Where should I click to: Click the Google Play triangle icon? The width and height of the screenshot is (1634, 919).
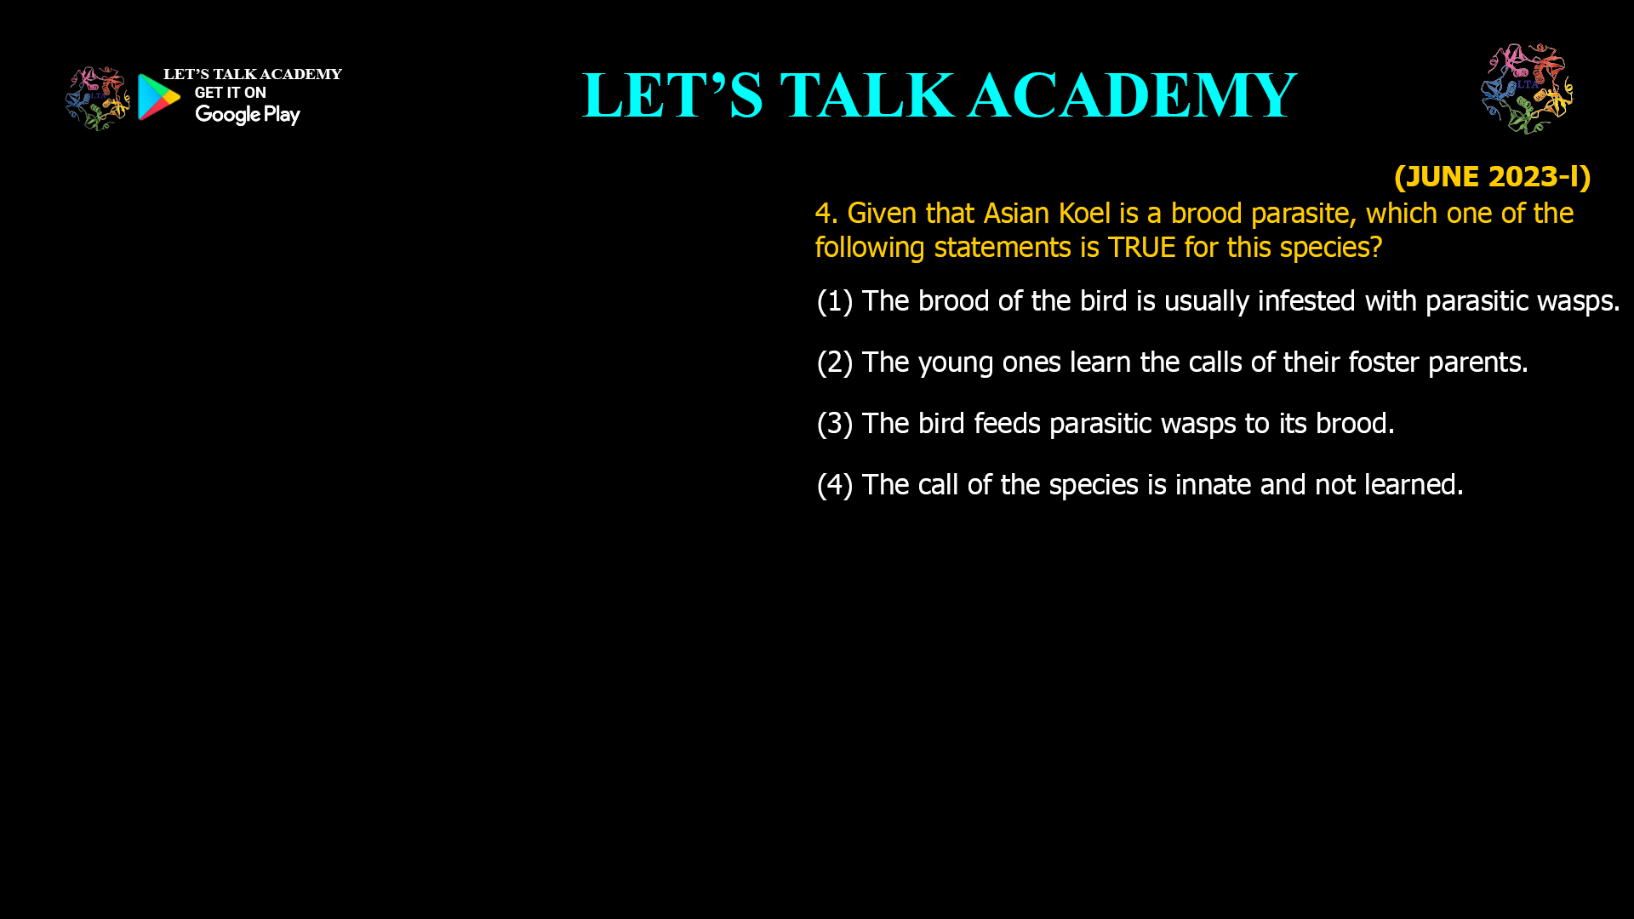(158, 97)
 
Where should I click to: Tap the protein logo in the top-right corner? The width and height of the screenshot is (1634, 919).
(1527, 88)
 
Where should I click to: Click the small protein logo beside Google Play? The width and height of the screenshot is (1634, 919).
(98, 99)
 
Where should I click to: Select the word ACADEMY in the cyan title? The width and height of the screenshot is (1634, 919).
(1132, 95)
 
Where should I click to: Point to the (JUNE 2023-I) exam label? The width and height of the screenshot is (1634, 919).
(1492, 176)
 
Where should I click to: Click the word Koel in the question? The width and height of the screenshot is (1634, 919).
(1084, 213)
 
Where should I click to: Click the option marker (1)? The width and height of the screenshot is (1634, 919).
(834, 301)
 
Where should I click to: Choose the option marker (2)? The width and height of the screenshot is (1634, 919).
(834, 362)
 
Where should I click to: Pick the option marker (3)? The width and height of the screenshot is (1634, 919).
(834, 424)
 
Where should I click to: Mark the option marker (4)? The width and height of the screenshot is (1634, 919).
(834, 485)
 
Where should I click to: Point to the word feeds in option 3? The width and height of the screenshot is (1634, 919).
(1007, 424)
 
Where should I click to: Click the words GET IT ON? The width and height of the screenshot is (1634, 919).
(230, 93)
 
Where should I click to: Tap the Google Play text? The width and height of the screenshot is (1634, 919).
(247, 115)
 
